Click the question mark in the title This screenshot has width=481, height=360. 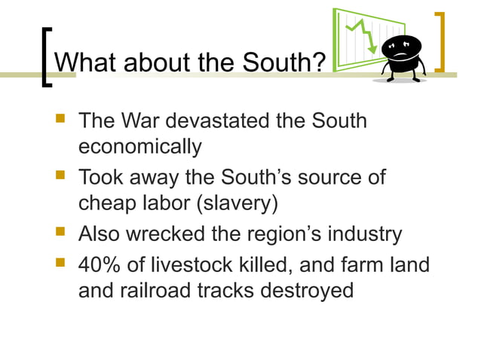click(x=317, y=63)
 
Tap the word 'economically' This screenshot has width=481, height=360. click(x=140, y=147)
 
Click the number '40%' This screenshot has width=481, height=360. click(x=103, y=265)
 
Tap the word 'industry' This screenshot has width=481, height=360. click(x=366, y=234)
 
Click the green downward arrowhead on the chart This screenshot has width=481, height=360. click(x=372, y=50)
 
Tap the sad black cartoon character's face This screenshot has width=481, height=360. click(x=402, y=48)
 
